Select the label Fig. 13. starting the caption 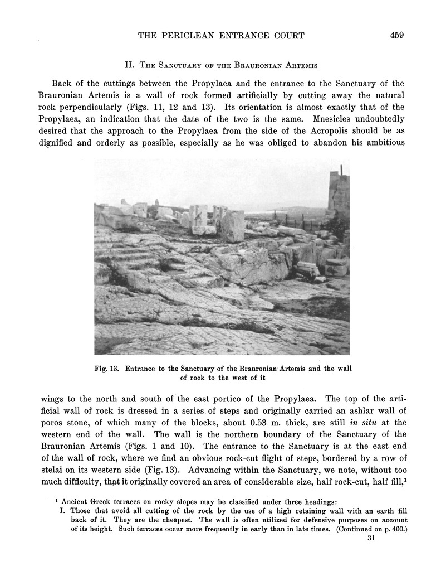[x=108, y=369]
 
